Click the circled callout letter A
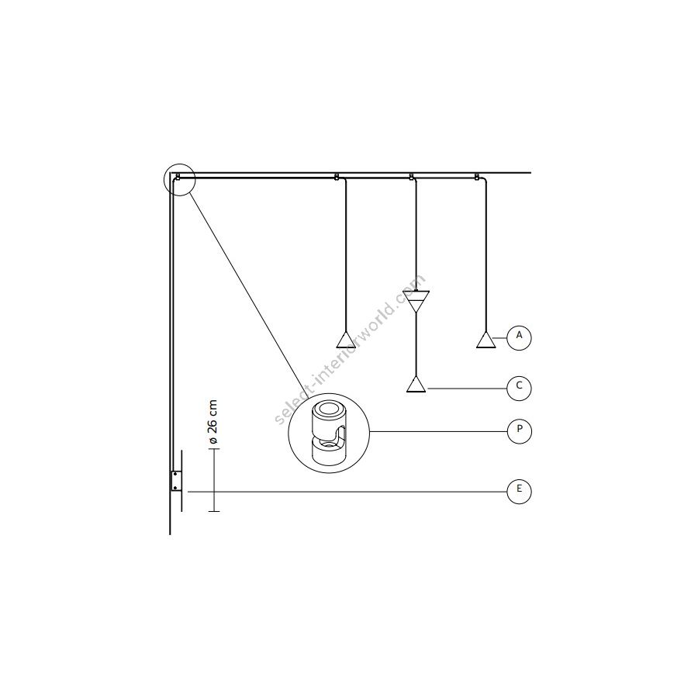point(519,338)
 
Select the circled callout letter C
point(519,389)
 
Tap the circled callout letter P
point(519,431)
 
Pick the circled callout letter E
point(519,492)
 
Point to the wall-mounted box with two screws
point(176,481)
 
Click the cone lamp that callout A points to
point(486,340)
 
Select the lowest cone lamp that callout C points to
point(416,384)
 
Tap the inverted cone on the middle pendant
point(416,301)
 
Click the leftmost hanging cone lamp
point(346,340)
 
